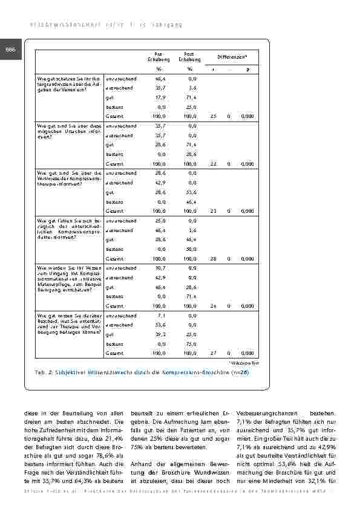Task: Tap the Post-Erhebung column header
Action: tap(190, 57)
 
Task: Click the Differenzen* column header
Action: tap(233, 57)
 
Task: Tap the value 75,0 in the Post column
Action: tap(191, 343)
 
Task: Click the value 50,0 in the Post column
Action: tap(191, 249)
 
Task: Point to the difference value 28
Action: tap(213, 258)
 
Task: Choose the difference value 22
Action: tap(213, 163)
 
